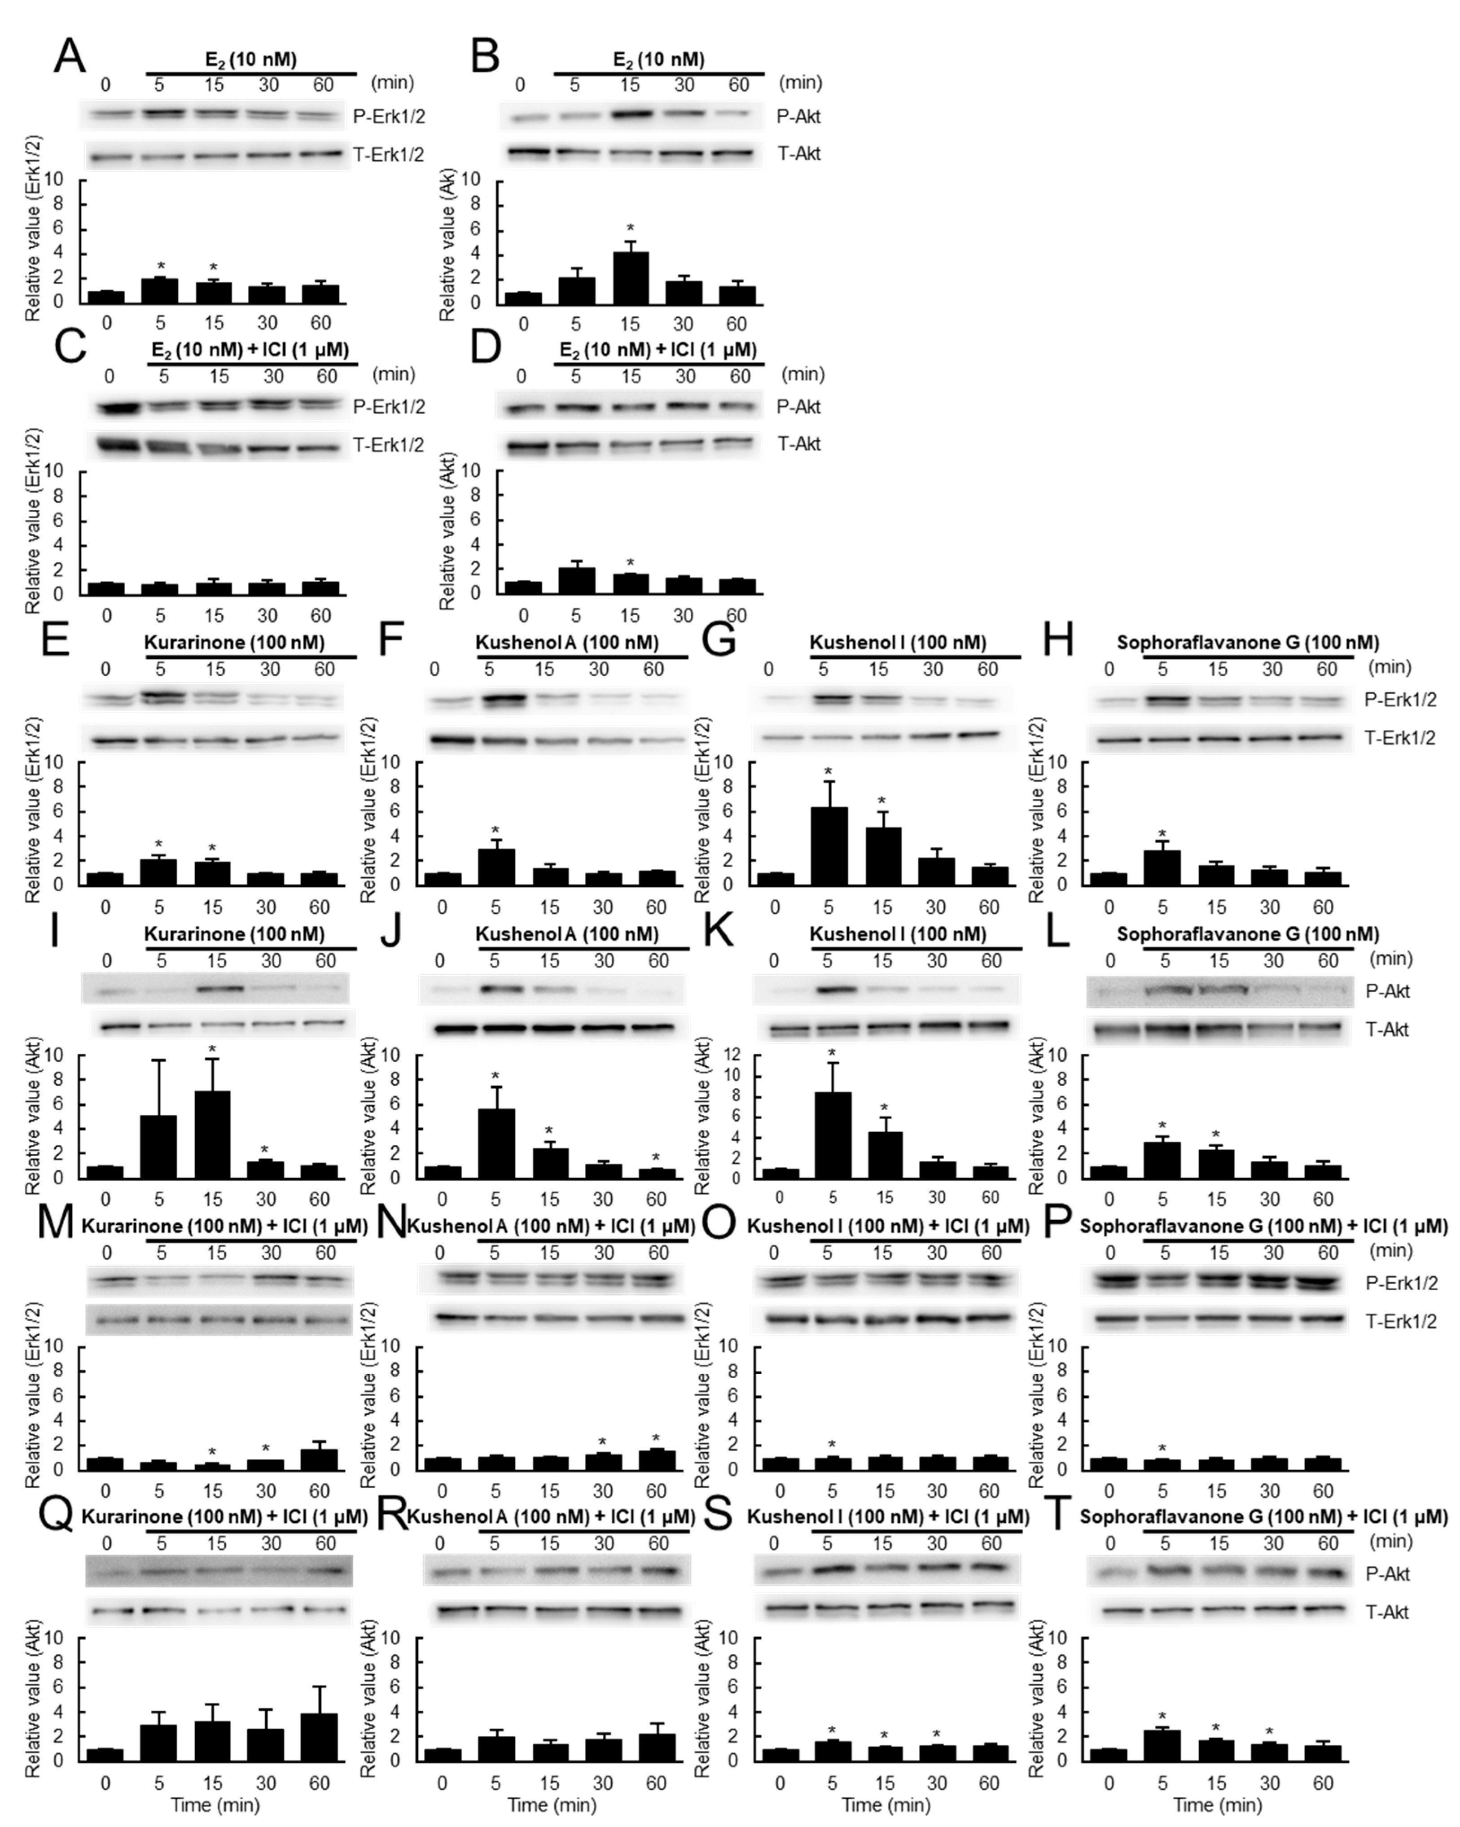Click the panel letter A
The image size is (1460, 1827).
(70, 57)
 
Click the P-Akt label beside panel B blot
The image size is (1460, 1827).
(798, 117)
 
